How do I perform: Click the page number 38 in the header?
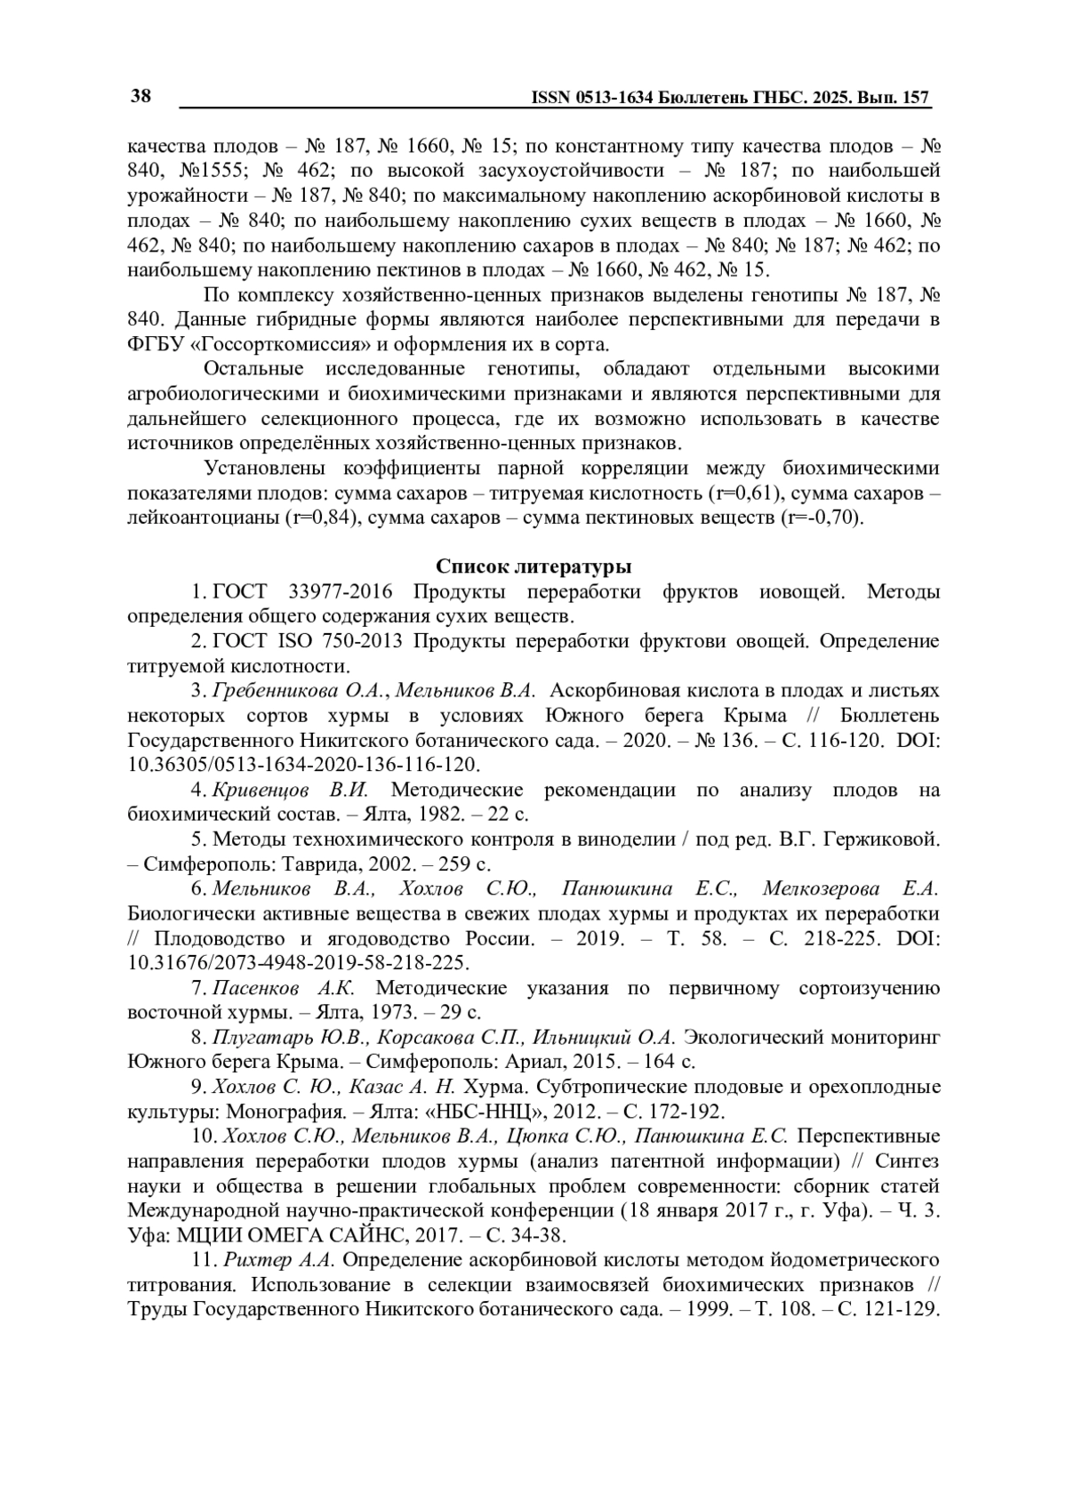pos(140,96)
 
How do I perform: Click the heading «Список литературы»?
pos(533,566)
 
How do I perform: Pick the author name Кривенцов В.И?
pos(290,790)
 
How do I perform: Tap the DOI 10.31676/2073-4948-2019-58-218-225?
pos(299,963)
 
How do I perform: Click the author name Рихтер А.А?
pos(278,1260)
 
